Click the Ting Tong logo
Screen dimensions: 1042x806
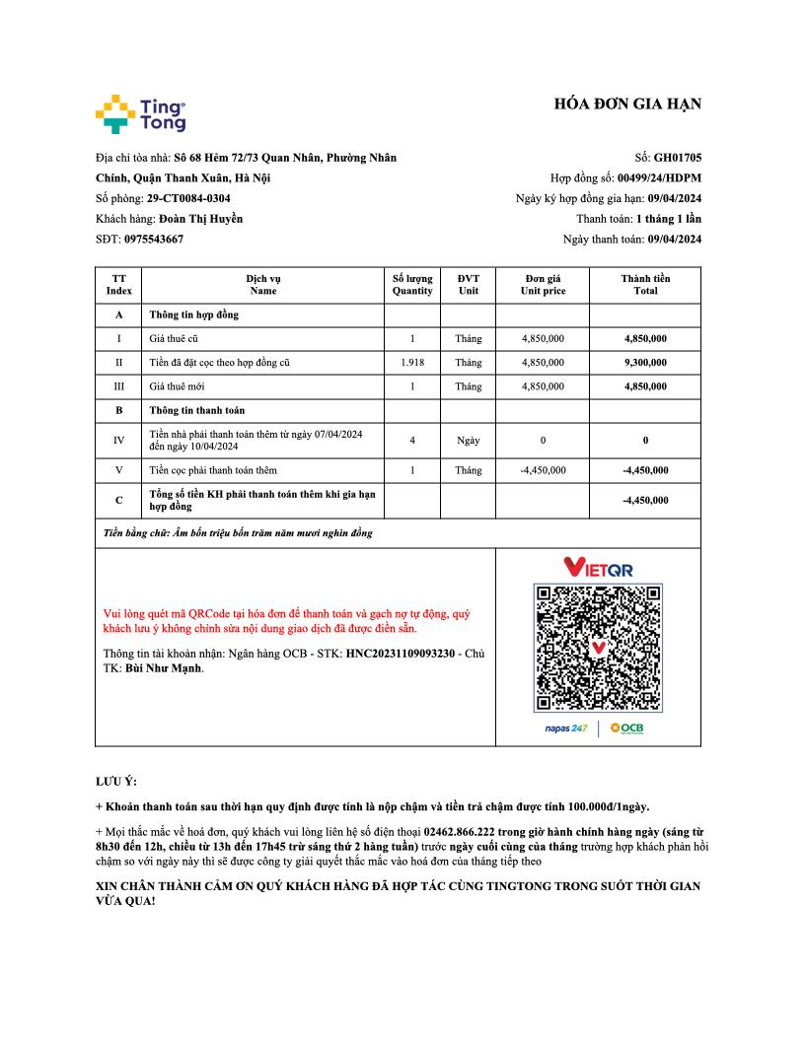(x=140, y=114)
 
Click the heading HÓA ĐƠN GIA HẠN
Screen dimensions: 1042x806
(x=627, y=104)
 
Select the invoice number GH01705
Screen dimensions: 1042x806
(x=678, y=157)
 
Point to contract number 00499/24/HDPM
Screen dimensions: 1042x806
(x=659, y=177)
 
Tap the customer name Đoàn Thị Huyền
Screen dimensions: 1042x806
(x=200, y=218)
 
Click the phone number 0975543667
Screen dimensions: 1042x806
(x=154, y=239)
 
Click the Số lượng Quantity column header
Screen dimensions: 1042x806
(x=412, y=285)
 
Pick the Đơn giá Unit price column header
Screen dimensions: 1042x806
(x=543, y=285)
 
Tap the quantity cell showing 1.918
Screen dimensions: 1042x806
(x=412, y=363)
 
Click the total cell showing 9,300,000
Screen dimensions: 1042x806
(x=645, y=363)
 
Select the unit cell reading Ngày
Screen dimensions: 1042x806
(x=468, y=440)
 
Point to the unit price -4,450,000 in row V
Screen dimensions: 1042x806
(x=543, y=470)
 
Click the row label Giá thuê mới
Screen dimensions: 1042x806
(x=178, y=386)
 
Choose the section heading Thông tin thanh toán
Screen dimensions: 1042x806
(x=197, y=410)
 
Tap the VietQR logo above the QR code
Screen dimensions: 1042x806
(x=598, y=568)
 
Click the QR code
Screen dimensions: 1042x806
(x=598, y=648)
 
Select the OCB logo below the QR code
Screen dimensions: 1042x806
(x=626, y=729)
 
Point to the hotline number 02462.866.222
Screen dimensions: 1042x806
(x=461, y=833)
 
